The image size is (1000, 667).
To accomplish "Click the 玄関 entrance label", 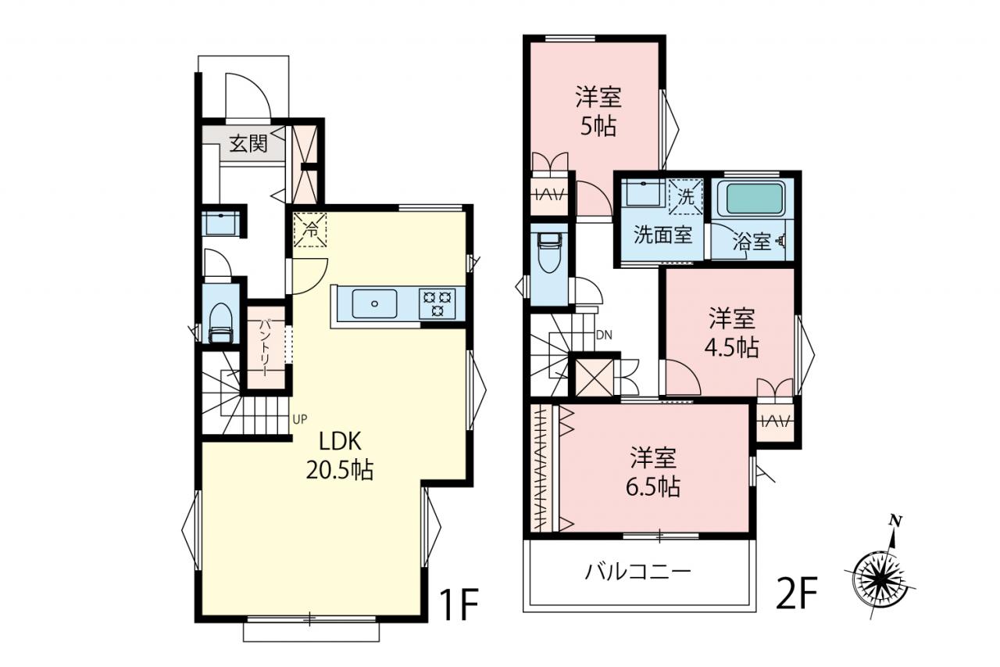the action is click(x=248, y=144).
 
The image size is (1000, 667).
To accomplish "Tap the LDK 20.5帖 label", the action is click(x=340, y=456).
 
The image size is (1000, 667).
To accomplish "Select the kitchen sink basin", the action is click(x=374, y=303).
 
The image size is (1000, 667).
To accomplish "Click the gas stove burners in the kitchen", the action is click(x=437, y=304).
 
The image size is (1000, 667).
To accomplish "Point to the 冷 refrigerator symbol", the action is click(x=310, y=230).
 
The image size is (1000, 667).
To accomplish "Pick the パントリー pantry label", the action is click(x=266, y=347).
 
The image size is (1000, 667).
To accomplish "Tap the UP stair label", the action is click(x=300, y=419).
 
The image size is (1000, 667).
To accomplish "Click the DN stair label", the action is click(x=605, y=335).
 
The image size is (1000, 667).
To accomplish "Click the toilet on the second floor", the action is click(x=549, y=253).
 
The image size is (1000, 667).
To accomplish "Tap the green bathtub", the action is click(x=754, y=199).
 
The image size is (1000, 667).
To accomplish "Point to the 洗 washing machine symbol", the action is click(x=686, y=196).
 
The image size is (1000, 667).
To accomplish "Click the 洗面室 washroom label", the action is click(x=663, y=235).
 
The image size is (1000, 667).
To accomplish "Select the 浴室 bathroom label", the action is click(x=752, y=242).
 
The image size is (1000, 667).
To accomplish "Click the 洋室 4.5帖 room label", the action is click(x=732, y=333).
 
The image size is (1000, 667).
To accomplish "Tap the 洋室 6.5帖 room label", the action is click(x=653, y=472).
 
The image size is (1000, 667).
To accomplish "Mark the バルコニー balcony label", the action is click(x=638, y=572).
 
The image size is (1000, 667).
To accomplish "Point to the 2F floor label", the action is click(x=796, y=593).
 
